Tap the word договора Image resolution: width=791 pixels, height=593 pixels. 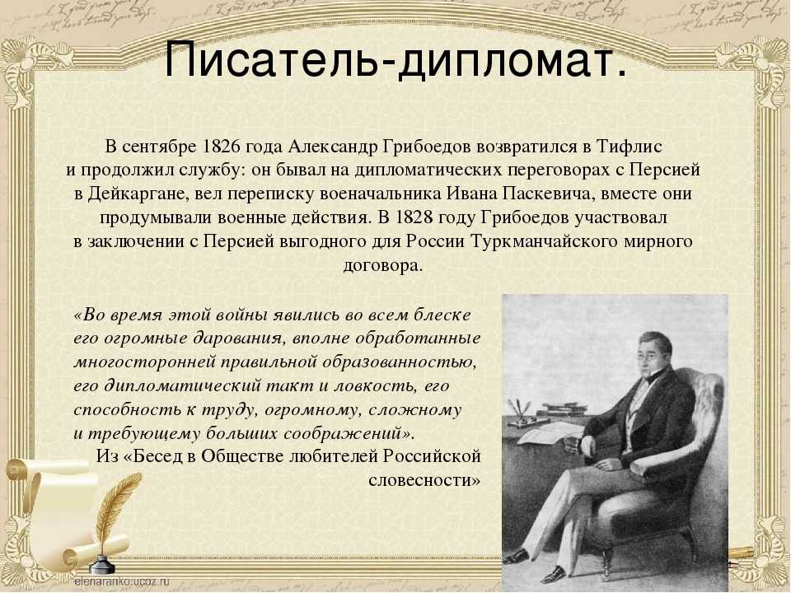point(382,265)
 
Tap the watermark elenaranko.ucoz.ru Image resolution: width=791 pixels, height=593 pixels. point(122,581)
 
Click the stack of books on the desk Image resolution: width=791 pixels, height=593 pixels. point(561,409)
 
